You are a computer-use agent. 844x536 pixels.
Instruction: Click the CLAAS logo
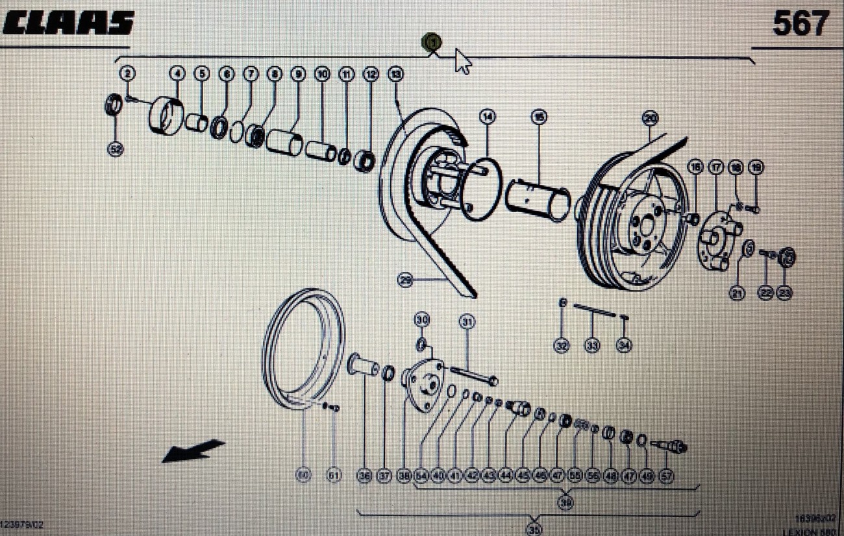point(68,23)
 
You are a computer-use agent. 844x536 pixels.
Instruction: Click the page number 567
point(800,24)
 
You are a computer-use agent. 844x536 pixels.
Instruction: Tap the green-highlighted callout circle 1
point(431,43)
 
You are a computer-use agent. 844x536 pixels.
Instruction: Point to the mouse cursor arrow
point(462,61)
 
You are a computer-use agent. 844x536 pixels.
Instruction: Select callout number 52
point(115,149)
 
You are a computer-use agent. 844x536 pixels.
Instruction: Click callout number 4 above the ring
point(177,74)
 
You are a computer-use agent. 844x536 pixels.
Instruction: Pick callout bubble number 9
point(298,74)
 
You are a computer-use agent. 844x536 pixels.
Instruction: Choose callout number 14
point(487,117)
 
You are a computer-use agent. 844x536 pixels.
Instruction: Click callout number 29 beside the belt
point(405,280)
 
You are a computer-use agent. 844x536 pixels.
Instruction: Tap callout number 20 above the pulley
point(649,118)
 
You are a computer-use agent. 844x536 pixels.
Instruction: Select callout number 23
point(784,293)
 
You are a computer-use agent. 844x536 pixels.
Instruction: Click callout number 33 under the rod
point(592,346)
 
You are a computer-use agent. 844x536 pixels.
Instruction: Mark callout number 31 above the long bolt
point(467,321)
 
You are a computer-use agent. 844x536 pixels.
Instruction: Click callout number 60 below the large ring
point(303,476)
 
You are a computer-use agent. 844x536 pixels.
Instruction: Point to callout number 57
point(665,476)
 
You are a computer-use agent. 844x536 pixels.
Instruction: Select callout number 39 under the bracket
point(565,502)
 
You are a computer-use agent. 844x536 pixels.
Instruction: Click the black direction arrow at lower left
point(193,450)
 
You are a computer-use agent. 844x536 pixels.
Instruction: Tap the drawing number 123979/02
point(22,524)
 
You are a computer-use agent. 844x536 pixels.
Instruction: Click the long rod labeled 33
point(594,310)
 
